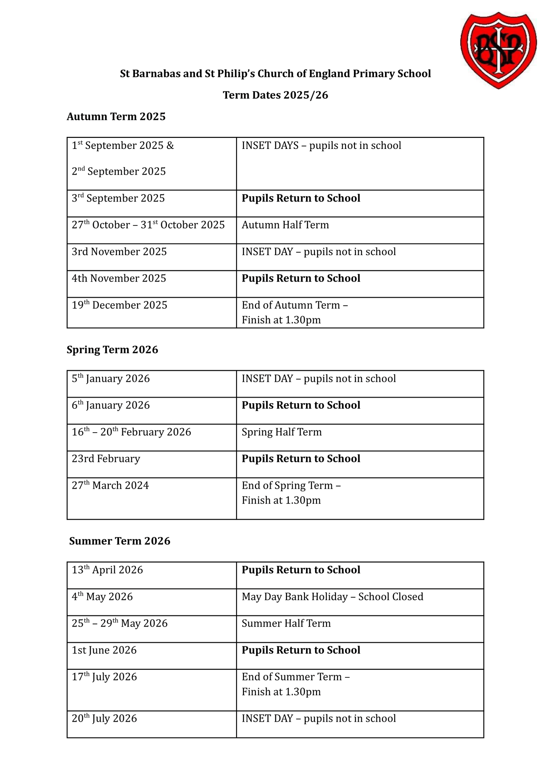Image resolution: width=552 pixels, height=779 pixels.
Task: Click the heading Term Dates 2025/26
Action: tap(275, 95)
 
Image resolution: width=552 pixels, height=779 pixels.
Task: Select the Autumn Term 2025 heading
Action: tap(116, 117)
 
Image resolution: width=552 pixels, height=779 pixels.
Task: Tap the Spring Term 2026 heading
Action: tap(112, 350)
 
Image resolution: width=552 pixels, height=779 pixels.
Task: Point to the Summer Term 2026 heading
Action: tap(119, 541)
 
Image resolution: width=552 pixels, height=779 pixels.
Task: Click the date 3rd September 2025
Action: tap(118, 199)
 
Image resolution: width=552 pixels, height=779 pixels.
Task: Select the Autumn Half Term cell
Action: tap(285, 225)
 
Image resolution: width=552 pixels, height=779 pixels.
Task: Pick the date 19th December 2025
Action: tap(119, 305)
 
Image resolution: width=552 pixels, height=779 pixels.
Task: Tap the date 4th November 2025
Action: tap(119, 279)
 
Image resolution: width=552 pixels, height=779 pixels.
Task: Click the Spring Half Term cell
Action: tap(282, 432)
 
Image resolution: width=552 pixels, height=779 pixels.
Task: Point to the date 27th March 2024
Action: tap(110, 486)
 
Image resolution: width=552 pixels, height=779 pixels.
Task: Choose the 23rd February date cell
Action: tap(106, 459)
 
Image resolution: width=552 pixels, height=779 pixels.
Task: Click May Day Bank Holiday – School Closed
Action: tap(332, 597)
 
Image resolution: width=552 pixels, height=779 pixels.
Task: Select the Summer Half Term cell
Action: tap(286, 624)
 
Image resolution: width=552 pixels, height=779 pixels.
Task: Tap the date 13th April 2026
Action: tap(107, 570)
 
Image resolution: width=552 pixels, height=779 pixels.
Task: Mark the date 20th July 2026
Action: tap(104, 719)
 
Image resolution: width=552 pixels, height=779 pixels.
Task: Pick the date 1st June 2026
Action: tap(104, 650)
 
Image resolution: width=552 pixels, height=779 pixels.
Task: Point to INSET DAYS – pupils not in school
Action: tap(321, 146)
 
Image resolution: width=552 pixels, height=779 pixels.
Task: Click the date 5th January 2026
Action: tap(111, 379)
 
